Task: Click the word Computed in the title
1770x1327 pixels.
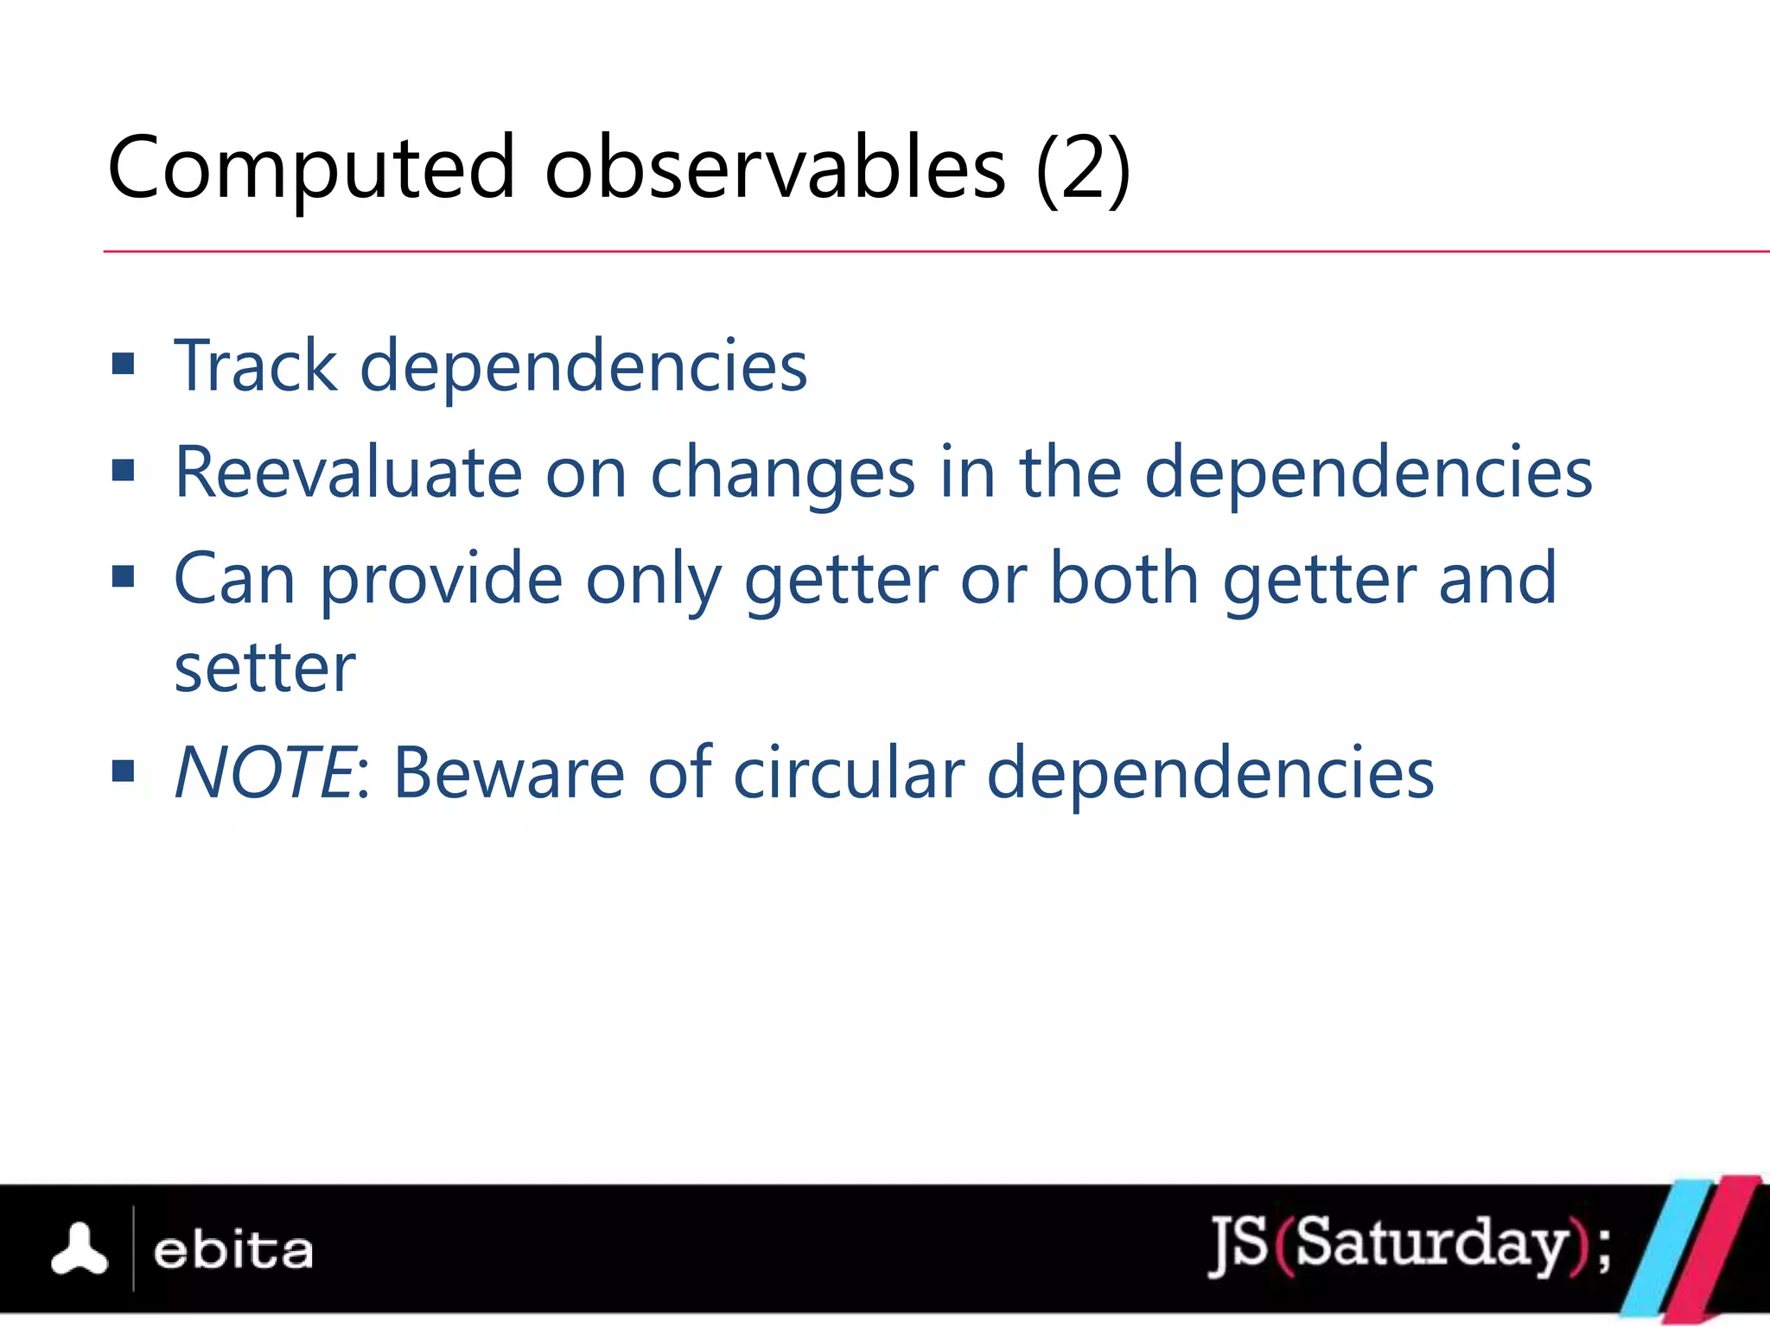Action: pyautogui.click(x=311, y=168)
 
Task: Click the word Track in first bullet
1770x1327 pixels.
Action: pyautogui.click(x=255, y=366)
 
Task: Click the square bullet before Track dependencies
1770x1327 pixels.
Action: pyautogui.click(x=124, y=364)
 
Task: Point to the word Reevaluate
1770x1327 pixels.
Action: pyautogui.click(x=348, y=473)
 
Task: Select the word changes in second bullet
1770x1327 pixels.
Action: pyautogui.click(x=782, y=474)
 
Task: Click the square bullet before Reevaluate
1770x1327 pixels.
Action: pyautogui.click(x=124, y=471)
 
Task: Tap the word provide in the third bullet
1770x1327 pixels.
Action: pyautogui.click(x=442, y=580)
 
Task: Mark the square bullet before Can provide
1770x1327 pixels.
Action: pyautogui.click(x=124, y=576)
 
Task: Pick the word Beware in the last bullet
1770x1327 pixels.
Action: pyautogui.click(x=508, y=772)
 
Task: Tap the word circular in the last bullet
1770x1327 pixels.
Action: pyautogui.click(x=849, y=772)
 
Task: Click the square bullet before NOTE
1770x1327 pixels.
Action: pyautogui.click(x=124, y=770)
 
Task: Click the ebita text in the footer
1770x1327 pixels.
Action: pyautogui.click(x=232, y=1251)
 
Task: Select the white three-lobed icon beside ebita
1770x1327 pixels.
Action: pyautogui.click(x=80, y=1250)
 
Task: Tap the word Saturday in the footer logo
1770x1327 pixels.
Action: pyautogui.click(x=1431, y=1244)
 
